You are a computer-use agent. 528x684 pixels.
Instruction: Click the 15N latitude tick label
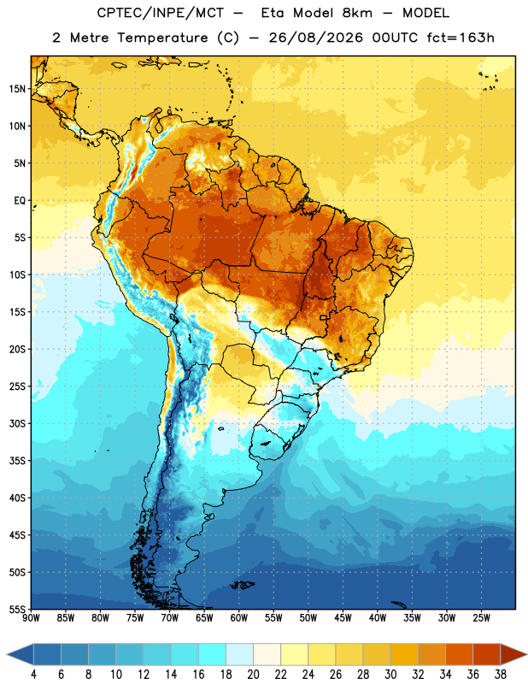(17, 89)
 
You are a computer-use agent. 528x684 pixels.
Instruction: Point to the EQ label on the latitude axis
(20, 201)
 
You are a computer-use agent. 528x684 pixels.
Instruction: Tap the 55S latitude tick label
(17, 609)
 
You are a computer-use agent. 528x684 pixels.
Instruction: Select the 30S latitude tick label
(17, 423)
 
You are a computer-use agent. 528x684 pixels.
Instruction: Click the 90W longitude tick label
(31, 618)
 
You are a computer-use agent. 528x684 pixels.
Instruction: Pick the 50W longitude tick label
(308, 618)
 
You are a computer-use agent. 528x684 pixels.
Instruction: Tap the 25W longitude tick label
(481, 618)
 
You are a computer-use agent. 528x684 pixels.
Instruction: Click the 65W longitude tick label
(204, 618)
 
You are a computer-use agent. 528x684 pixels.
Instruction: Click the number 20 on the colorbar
(253, 675)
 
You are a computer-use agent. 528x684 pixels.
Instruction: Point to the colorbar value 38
(501, 675)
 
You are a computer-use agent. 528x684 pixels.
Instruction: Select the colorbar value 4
(33, 675)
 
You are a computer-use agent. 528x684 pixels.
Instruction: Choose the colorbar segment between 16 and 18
(213, 654)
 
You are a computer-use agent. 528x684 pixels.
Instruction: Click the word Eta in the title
(272, 13)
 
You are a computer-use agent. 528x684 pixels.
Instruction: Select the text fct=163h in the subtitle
(461, 38)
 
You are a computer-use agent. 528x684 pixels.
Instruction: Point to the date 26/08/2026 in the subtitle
(315, 38)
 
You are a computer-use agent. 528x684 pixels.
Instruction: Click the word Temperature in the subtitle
(162, 38)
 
